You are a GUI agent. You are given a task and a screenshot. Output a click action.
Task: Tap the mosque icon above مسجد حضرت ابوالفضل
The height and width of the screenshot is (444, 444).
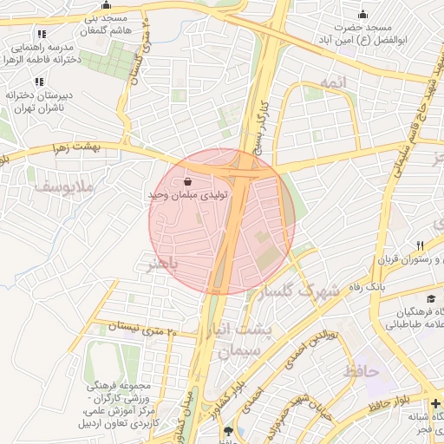tap(362, 15)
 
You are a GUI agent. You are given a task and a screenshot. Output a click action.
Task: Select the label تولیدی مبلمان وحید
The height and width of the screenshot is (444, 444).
tap(189, 196)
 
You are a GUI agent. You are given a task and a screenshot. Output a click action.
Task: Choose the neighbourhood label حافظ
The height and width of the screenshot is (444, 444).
tap(361, 370)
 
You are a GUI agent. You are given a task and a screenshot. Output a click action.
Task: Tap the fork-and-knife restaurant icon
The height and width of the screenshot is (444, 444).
tap(420, 246)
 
